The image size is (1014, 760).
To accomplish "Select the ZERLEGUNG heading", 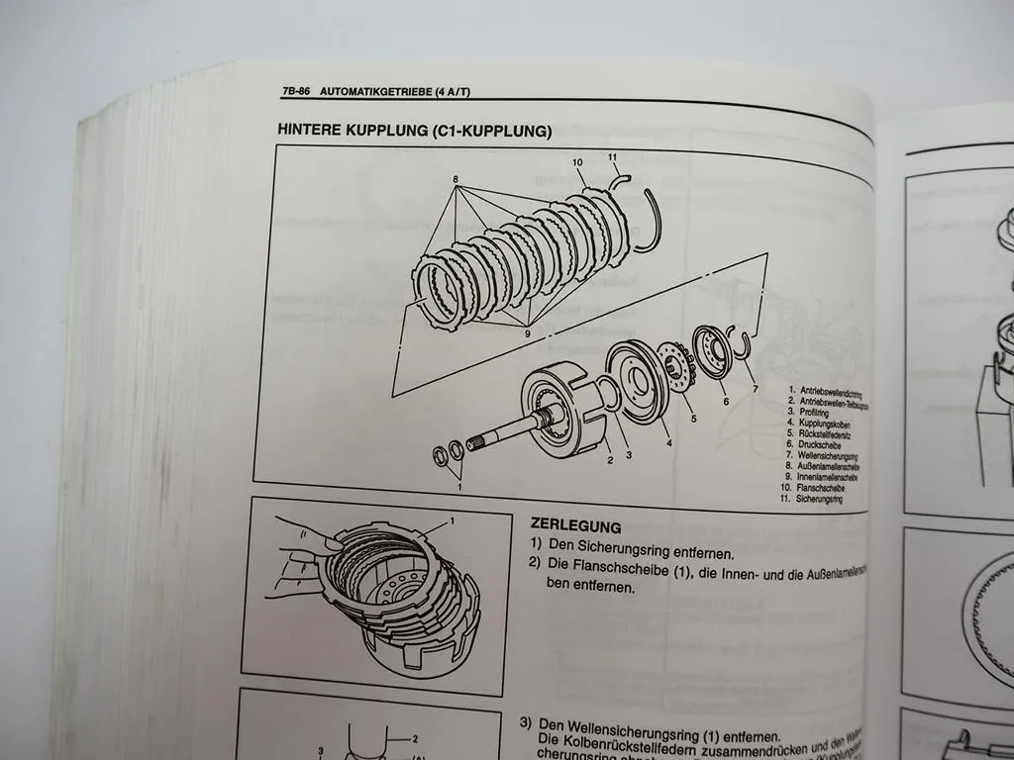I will click(x=575, y=526).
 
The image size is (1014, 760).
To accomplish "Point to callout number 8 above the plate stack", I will click(x=456, y=180).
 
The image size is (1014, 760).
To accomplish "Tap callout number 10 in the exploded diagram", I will click(x=576, y=162).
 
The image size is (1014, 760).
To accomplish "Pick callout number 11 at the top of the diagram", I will click(x=612, y=156).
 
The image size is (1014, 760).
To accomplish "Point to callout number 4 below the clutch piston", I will click(x=669, y=442).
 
